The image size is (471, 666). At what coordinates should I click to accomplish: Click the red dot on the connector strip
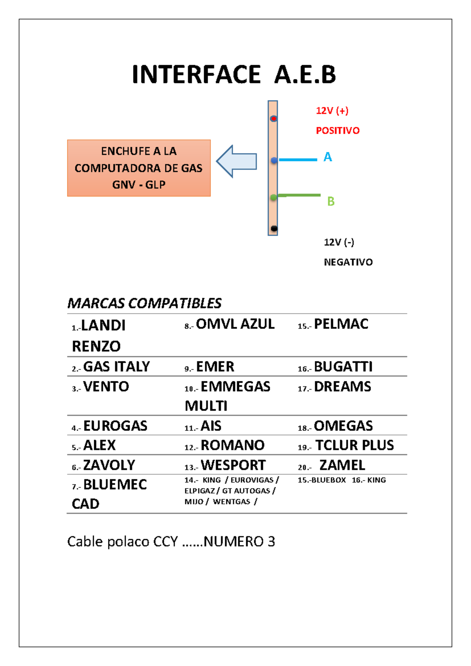pos(274,119)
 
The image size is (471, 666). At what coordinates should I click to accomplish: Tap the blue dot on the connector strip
pos(274,160)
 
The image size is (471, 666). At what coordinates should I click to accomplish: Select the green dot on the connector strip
pos(274,198)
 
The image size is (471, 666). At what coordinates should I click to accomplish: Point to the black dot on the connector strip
pos(274,229)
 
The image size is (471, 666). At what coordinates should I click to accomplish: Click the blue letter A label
pos(328,157)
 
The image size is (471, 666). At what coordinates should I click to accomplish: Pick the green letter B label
pos(331,201)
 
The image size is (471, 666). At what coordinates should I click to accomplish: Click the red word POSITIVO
pos(338,131)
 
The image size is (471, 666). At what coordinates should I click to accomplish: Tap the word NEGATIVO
pos(348,262)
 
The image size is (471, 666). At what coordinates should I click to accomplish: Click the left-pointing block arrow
pos(237,161)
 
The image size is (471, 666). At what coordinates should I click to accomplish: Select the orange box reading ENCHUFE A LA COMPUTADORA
pos(139,168)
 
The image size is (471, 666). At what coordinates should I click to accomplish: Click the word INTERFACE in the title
pos(196,75)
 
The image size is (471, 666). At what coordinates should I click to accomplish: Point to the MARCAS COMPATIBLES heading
pos(144,303)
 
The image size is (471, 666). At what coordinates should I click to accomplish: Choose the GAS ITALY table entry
pos(116,367)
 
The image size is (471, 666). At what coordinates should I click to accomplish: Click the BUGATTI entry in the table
pos(343,367)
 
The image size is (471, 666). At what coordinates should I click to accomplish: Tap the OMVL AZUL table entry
pos(235,324)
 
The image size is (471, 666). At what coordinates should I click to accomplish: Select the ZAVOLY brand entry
pos(109,465)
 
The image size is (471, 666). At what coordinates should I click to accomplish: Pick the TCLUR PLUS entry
pos(354,445)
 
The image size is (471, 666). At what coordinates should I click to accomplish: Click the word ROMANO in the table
pos(232,445)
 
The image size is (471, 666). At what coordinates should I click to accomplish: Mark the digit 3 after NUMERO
pos(271,542)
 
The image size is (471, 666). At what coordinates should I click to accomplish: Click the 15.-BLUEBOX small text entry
pos(322,480)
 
